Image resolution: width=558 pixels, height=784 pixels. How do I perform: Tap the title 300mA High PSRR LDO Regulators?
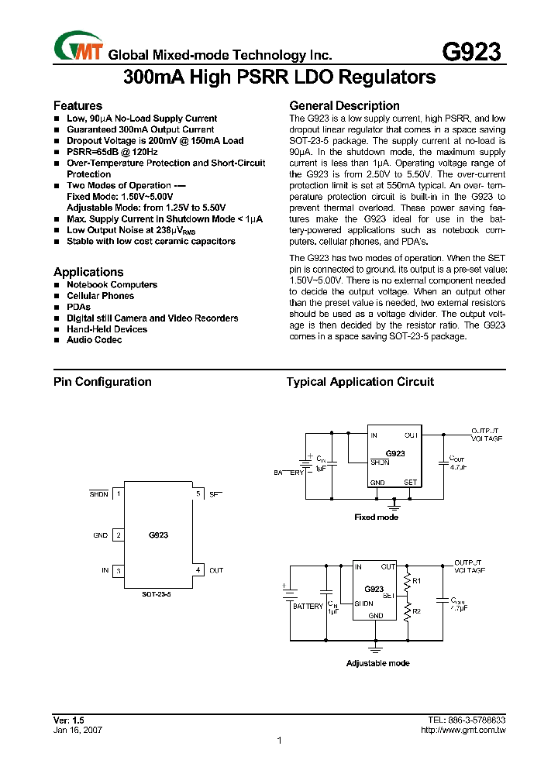click(279, 78)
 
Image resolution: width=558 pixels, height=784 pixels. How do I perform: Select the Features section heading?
click(77, 105)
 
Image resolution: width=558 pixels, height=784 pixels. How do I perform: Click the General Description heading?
click(344, 105)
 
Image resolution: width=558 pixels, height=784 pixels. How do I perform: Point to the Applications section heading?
click(88, 272)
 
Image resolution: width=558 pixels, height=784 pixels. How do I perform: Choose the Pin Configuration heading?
click(102, 381)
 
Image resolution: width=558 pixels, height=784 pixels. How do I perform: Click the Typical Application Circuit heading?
click(360, 381)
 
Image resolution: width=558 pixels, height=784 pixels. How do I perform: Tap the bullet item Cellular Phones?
click(100, 296)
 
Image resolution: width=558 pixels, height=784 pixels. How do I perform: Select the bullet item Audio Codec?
click(94, 340)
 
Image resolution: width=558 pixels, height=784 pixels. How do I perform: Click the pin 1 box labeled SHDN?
click(119, 493)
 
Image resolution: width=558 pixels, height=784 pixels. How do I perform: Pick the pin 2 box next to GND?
click(119, 535)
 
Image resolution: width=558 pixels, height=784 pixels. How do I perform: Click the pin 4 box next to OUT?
click(198, 570)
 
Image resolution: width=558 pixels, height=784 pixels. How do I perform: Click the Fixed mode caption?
click(376, 517)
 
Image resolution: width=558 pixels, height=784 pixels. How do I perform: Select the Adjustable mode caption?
click(377, 663)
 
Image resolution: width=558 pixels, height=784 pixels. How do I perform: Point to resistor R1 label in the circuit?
click(416, 580)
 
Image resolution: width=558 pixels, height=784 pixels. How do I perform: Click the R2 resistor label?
click(416, 611)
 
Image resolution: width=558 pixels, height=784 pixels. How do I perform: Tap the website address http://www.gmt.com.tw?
click(463, 730)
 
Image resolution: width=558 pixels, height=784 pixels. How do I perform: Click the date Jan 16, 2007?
click(77, 730)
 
